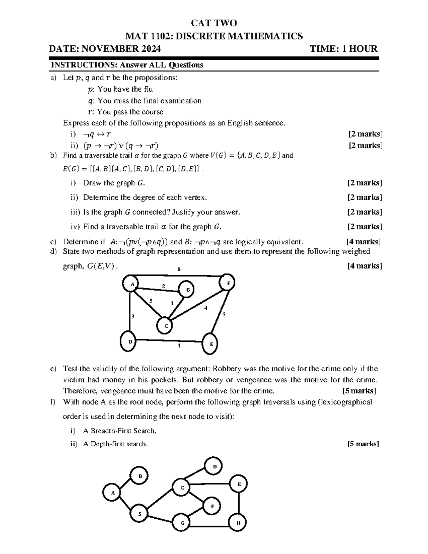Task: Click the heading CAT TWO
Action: [x=214, y=24]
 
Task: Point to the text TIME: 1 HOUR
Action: [x=343, y=49]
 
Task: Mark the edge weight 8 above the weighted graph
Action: [x=179, y=269]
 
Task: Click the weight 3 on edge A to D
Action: [x=133, y=316]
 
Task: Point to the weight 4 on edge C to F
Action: [x=205, y=308]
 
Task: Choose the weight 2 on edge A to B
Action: [x=163, y=286]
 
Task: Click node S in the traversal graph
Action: [x=139, y=514]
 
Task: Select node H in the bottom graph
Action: [x=238, y=523]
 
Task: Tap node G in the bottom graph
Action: [x=182, y=523]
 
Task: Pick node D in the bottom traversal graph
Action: [x=214, y=467]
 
